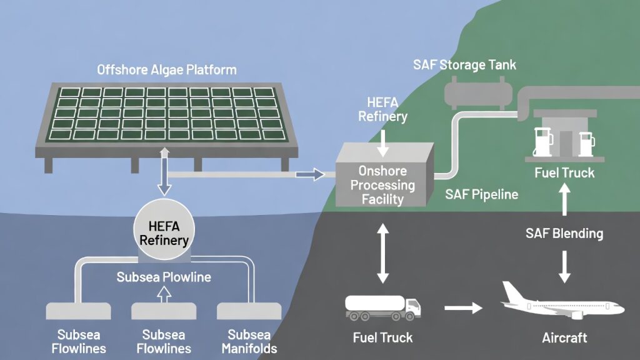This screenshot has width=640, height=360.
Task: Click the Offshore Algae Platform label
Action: point(166,69)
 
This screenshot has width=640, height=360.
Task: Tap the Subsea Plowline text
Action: point(164,276)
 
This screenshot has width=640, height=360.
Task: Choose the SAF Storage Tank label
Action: point(464,65)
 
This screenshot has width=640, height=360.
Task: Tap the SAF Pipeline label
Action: point(481,194)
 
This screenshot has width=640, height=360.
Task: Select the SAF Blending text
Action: point(564,234)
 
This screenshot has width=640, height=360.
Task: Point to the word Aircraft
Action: point(564,337)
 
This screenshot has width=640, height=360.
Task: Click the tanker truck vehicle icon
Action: point(383,306)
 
